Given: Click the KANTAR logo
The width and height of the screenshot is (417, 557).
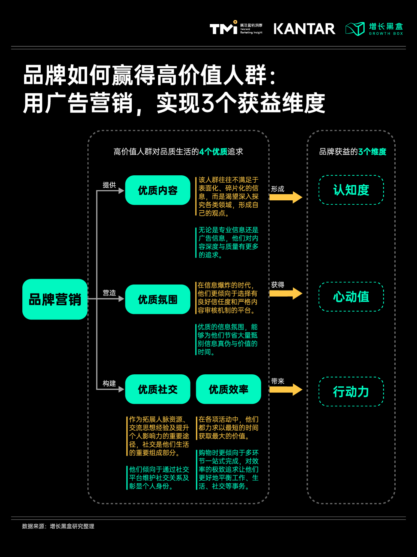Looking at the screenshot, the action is click(x=305, y=29).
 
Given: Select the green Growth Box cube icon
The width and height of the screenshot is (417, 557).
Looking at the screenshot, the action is click(x=355, y=29).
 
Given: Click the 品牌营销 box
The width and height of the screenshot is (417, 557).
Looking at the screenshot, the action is click(x=55, y=299).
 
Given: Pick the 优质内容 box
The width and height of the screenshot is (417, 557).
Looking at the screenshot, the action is click(x=158, y=190).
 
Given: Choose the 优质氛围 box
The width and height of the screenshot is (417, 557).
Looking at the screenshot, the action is click(x=158, y=299).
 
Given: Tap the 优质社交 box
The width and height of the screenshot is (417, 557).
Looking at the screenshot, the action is click(x=158, y=389).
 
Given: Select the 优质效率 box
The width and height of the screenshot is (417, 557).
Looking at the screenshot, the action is click(x=229, y=389).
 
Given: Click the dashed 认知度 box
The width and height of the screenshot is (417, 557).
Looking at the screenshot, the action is click(x=351, y=190).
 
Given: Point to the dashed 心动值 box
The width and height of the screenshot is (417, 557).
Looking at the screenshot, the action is click(x=351, y=297).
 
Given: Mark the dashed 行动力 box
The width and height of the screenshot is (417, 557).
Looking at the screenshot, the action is click(x=351, y=392).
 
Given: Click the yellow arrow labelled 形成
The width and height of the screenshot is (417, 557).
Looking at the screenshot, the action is click(x=286, y=197).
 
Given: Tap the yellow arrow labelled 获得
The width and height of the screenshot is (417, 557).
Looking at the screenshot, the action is click(x=286, y=293).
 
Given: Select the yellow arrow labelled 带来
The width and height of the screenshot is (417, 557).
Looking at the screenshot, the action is click(x=286, y=389).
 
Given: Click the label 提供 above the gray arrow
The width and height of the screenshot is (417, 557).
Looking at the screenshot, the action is click(x=109, y=185).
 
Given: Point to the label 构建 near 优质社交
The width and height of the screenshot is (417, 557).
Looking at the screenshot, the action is click(x=109, y=383).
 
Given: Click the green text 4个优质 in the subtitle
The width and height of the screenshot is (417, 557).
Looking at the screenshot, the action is click(x=213, y=152).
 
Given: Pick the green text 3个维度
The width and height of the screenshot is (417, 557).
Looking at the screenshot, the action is click(x=372, y=152).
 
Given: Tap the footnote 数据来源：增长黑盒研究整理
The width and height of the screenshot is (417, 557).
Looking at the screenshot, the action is click(x=58, y=526).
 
